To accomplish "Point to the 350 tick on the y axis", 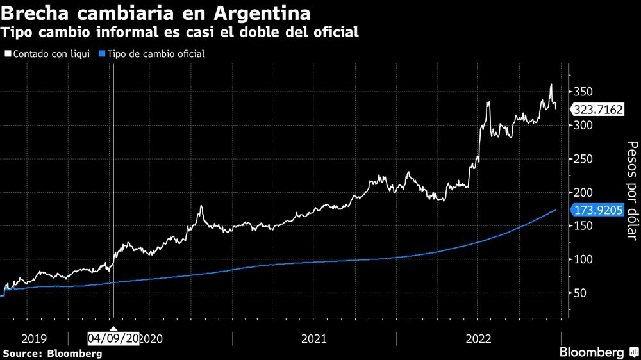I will point(583,92).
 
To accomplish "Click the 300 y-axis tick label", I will point(583,126).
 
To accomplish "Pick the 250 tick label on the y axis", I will point(583,159).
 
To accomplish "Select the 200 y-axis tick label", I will point(583,193).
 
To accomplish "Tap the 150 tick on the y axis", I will point(583,226).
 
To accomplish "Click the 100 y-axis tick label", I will point(583,259).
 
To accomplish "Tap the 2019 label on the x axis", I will point(34,338).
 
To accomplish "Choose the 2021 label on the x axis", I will point(314,338).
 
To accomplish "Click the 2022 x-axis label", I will point(478,338).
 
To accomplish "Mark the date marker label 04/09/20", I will point(113,338).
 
